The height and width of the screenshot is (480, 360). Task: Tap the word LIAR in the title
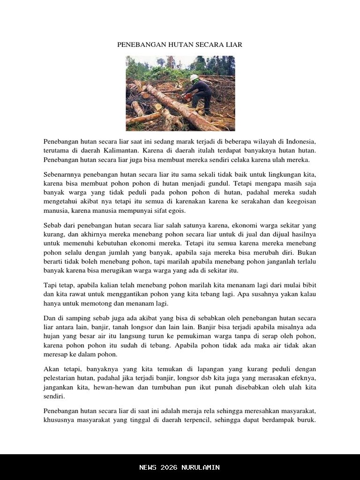point(232,45)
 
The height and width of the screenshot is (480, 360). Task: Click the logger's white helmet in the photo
point(194,77)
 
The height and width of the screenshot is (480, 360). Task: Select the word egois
point(176,210)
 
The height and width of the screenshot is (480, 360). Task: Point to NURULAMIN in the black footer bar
point(201,467)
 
